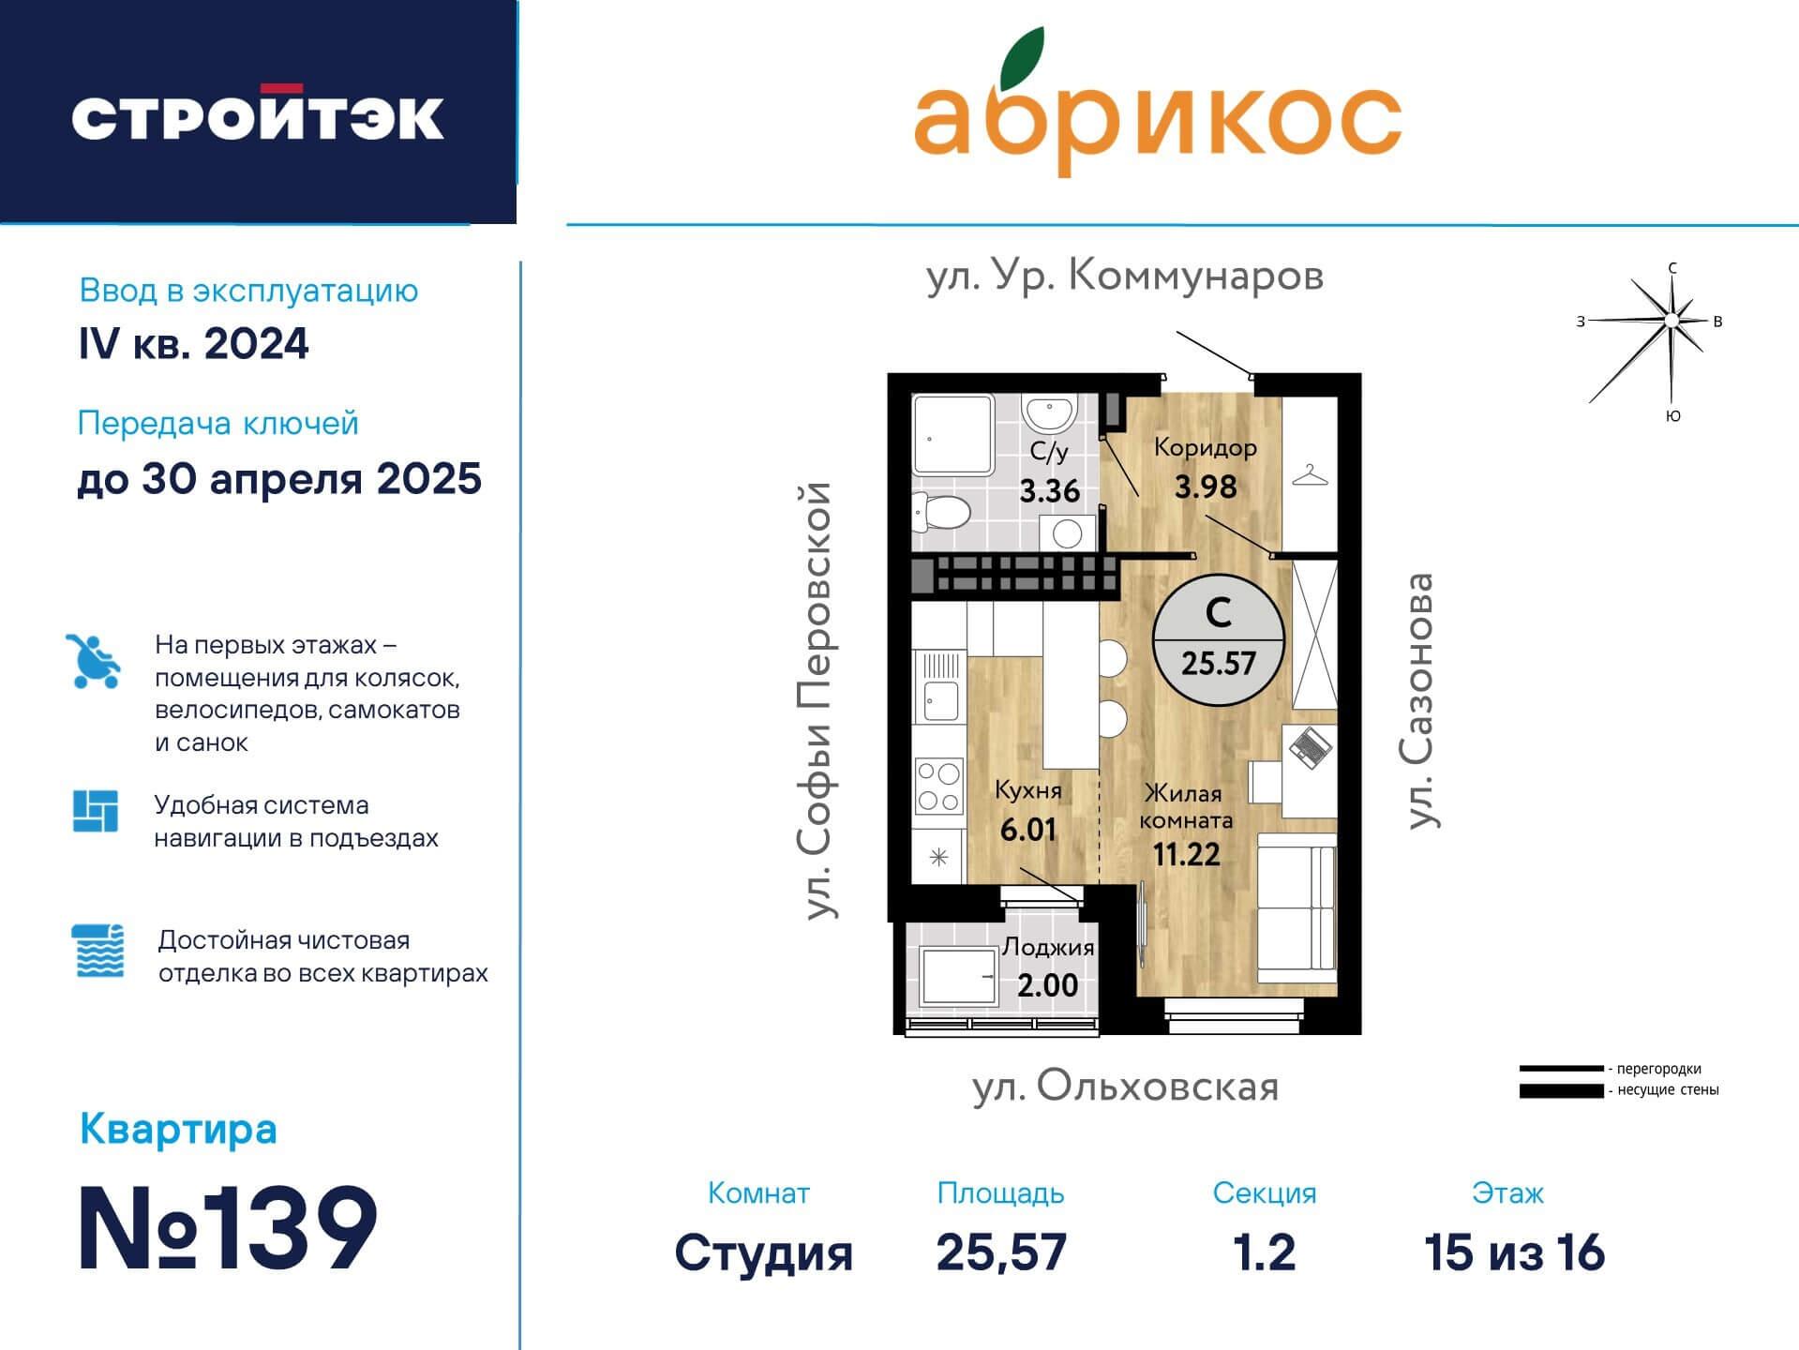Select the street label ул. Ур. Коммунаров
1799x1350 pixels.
(x=1124, y=277)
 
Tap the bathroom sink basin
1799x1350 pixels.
(x=1048, y=412)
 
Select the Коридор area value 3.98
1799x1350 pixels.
(x=1206, y=487)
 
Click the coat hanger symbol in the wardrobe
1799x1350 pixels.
(x=1310, y=475)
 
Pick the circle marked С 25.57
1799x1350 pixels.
(x=1218, y=639)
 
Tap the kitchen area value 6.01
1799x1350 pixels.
(x=1028, y=831)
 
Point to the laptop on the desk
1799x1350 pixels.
(x=1310, y=746)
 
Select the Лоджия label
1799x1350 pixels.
(x=1048, y=947)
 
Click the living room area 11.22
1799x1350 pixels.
(x=1187, y=854)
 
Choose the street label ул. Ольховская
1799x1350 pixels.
(x=1125, y=1087)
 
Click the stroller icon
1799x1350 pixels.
(x=95, y=662)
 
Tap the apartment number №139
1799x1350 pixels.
(x=228, y=1228)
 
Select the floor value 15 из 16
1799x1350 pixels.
(x=1514, y=1252)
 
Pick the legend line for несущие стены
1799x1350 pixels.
(x=1561, y=1091)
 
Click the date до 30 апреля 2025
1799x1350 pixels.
(x=279, y=479)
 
